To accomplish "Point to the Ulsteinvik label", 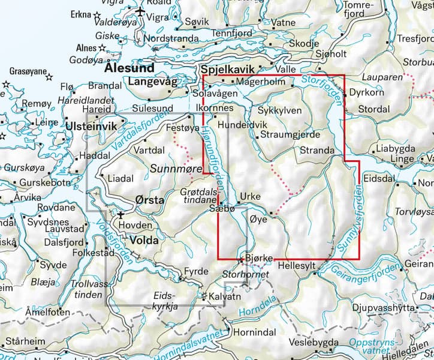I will tap(91, 127).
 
